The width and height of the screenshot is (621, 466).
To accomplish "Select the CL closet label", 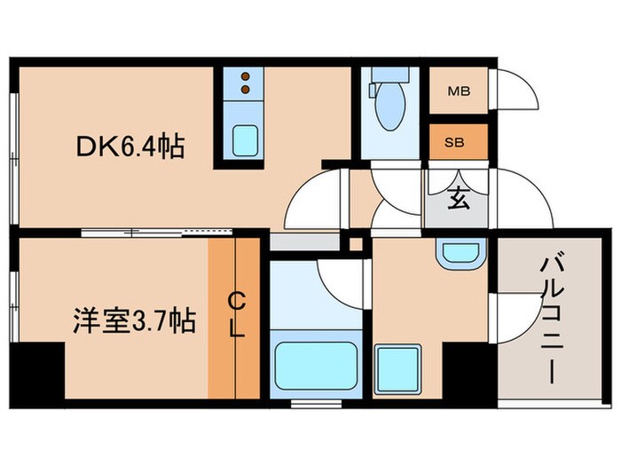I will [x=237, y=315].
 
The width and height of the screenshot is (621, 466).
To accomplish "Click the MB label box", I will [x=458, y=91].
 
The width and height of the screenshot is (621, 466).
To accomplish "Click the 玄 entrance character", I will [x=458, y=200].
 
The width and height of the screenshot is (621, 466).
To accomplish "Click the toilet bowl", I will [x=388, y=112].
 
